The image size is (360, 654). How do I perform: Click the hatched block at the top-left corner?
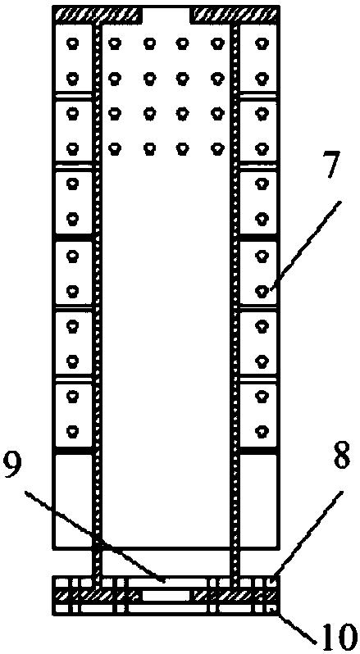click(99, 15)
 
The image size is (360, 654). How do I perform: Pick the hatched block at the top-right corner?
click(235, 15)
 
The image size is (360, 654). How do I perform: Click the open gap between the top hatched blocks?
click(166, 15)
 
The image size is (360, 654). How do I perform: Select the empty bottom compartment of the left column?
click(74, 502)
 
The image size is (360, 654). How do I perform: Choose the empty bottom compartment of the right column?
click(259, 502)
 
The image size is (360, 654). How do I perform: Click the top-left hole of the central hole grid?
click(115, 43)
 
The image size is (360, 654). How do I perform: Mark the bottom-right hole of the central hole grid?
click(216, 148)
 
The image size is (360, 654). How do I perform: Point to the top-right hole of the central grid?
click(216, 43)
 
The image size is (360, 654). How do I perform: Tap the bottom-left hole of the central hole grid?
click(115, 148)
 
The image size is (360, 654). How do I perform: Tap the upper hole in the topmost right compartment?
click(262, 43)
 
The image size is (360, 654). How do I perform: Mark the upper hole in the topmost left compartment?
click(74, 43)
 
